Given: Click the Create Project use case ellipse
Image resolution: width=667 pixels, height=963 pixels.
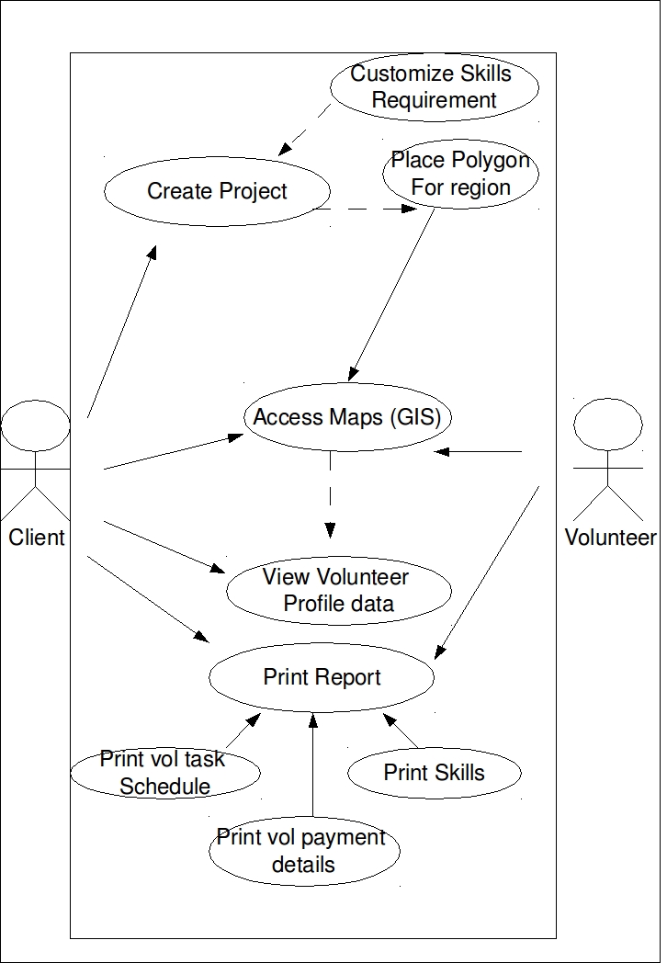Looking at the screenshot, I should [x=217, y=191].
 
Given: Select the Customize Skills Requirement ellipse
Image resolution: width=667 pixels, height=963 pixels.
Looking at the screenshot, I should [x=434, y=86].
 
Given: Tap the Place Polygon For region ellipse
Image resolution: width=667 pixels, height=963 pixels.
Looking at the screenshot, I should [x=460, y=174].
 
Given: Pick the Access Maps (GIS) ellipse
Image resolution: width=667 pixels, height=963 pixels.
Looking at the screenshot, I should [x=347, y=417].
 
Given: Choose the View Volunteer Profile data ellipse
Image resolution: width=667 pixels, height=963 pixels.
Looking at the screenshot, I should [x=338, y=590].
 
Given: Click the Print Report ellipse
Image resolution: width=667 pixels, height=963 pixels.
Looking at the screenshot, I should [x=322, y=677].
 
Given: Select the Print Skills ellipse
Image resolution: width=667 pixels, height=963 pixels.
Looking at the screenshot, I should [x=434, y=772].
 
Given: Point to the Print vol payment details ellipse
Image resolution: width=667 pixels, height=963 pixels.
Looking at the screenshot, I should [x=304, y=851].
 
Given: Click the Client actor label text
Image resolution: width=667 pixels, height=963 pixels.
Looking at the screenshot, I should [x=37, y=538].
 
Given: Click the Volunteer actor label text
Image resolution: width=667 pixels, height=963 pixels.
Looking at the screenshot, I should [x=610, y=538].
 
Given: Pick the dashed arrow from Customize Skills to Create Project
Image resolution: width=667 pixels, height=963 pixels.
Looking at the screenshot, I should [x=305, y=129].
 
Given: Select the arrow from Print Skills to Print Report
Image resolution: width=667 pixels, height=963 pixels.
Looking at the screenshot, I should [x=401, y=731].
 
